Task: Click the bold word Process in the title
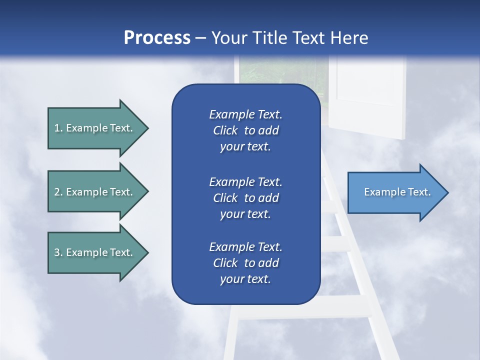[x=157, y=38]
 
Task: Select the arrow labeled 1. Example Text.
[x=95, y=128]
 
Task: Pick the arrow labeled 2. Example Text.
[x=95, y=192]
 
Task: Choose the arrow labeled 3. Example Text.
[x=95, y=252]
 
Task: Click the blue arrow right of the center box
[x=395, y=192]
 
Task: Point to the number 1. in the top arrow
[x=58, y=128]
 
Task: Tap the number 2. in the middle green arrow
[x=58, y=192]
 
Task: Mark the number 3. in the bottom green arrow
[x=58, y=252]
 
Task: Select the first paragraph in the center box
[x=245, y=130]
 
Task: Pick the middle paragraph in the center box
[x=245, y=197]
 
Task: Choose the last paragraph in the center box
[x=245, y=263]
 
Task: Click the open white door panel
[x=370, y=95]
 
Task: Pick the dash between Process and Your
[x=201, y=38]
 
